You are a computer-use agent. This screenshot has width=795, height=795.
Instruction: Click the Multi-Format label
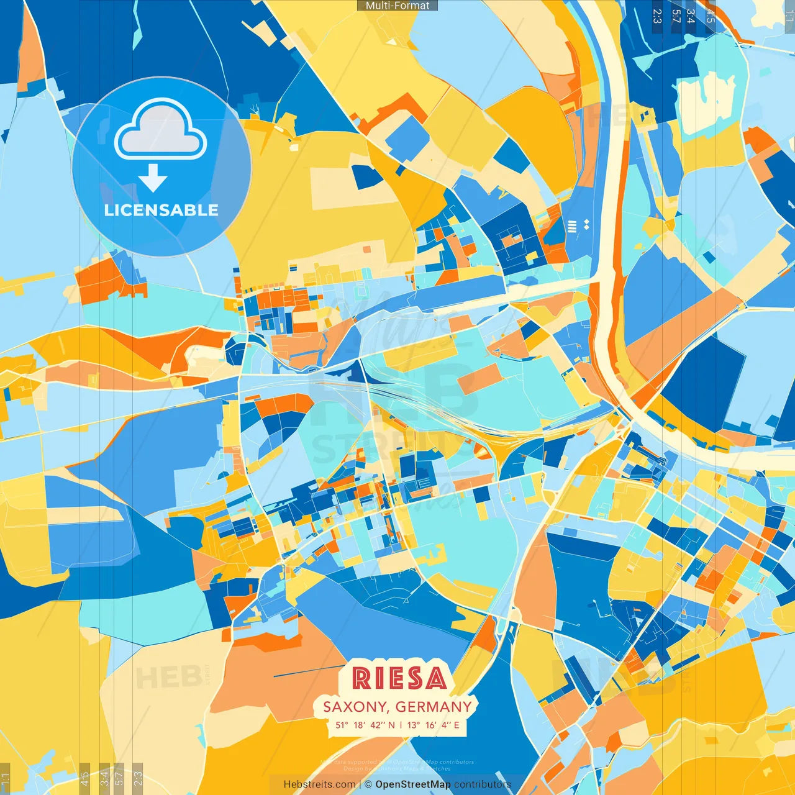click(x=397, y=6)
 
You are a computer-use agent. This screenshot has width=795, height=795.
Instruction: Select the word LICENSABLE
click(x=161, y=211)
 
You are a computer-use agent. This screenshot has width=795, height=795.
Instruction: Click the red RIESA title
click(x=399, y=678)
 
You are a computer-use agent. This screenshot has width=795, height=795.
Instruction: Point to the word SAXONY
click(x=355, y=707)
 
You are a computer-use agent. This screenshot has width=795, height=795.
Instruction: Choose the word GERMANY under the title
click(x=434, y=707)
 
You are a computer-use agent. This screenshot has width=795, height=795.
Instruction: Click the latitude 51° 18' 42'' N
click(x=365, y=725)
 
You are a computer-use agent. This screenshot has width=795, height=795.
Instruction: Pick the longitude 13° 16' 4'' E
click(x=434, y=725)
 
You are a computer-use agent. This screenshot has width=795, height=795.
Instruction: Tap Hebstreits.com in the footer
click(x=319, y=784)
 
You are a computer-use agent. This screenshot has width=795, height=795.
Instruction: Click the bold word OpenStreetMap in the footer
click(x=413, y=784)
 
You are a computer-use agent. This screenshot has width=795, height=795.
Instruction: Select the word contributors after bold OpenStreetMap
click(x=483, y=784)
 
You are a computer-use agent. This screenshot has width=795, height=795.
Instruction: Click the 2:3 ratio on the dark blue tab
click(x=657, y=16)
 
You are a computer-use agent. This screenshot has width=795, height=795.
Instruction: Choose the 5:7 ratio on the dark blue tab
click(x=676, y=16)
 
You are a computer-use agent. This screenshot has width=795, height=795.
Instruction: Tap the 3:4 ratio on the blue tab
click(x=690, y=16)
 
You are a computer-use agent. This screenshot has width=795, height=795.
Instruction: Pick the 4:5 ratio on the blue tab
click(x=710, y=16)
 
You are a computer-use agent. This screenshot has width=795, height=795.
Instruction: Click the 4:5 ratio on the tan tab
click(x=84, y=778)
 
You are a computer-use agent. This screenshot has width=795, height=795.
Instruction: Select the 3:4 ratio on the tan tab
click(x=104, y=778)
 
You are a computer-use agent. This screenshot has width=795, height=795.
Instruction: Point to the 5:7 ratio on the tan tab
click(x=119, y=778)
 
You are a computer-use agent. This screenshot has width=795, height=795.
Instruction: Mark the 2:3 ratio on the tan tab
click(x=138, y=778)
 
